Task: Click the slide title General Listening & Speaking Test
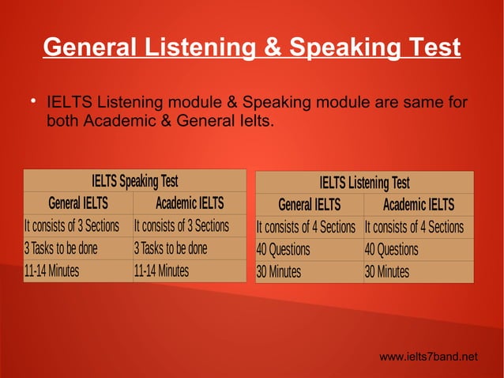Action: (x=251, y=48)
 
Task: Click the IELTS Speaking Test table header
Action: (x=134, y=180)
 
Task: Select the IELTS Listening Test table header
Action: (x=364, y=183)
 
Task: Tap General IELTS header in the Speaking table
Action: (x=78, y=203)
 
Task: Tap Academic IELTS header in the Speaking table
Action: (x=190, y=203)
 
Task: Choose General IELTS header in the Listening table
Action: (x=309, y=205)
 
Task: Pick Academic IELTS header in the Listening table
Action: (x=418, y=205)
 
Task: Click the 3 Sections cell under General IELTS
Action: (x=72, y=226)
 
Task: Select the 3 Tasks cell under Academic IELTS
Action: (x=171, y=248)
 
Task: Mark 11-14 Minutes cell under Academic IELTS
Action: (x=161, y=271)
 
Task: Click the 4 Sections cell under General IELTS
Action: (x=306, y=228)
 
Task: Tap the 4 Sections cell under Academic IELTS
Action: (x=414, y=228)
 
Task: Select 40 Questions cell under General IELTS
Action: (x=283, y=250)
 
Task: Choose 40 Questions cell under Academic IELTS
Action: (x=391, y=250)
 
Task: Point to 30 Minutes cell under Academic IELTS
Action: (x=386, y=273)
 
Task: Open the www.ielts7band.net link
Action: (x=428, y=357)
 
